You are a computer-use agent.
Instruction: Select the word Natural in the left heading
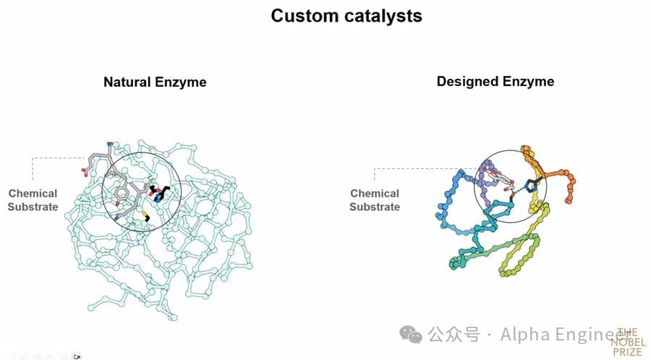point(127,82)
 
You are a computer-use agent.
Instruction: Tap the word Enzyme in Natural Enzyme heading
point(181,82)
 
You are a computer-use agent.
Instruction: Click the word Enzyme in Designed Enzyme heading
point(530,81)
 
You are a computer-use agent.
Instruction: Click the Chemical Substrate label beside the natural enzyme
point(33,200)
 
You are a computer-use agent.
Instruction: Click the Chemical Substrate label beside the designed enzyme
point(374,200)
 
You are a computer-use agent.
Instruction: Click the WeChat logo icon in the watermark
point(412,334)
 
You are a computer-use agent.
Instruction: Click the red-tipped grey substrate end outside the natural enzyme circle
point(86,171)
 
